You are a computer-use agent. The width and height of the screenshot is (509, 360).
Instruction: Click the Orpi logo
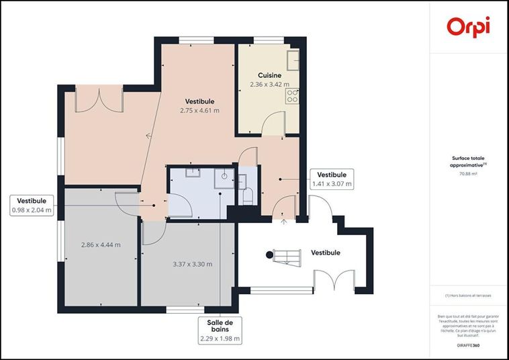(468, 27)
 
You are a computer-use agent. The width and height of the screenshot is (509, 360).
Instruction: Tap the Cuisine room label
(269, 76)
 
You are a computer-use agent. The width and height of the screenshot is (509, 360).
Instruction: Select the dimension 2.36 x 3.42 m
(269, 85)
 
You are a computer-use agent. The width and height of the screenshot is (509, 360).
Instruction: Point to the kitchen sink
(293, 61)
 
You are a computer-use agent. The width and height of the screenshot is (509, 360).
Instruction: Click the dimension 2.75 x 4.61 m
(199, 110)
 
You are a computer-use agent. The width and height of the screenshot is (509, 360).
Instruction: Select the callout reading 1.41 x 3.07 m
(331, 179)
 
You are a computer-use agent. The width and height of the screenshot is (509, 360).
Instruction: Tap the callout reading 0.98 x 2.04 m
(32, 206)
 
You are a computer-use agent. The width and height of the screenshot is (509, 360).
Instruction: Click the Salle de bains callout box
(220, 331)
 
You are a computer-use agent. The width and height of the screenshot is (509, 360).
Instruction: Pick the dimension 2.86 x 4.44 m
(101, 244)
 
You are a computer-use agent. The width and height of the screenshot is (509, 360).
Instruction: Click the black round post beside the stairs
(270, 254)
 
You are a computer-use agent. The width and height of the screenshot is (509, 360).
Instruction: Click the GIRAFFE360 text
(468, 345)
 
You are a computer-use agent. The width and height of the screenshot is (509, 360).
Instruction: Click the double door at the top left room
(100, 100)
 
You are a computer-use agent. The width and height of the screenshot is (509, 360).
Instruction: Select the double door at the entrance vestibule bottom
(334, 281)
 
